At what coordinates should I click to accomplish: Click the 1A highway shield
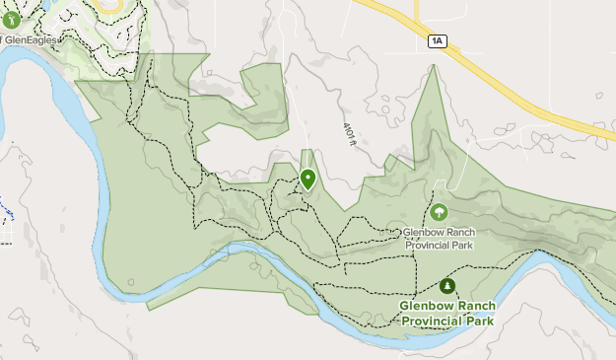click(x=438, y=40)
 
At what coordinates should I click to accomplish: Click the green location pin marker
click(x=308, y=179)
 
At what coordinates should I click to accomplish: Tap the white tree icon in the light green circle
click(x=439, y=212)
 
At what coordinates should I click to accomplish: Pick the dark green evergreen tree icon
click(x=447, y=286)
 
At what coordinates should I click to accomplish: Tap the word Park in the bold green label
click(x=482, y=320)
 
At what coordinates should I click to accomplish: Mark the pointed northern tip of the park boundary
click(x=432, y=67)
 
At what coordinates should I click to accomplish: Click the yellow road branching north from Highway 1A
click(x=416, y=12)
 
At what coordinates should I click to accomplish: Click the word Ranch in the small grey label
click(x=458, y=234)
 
